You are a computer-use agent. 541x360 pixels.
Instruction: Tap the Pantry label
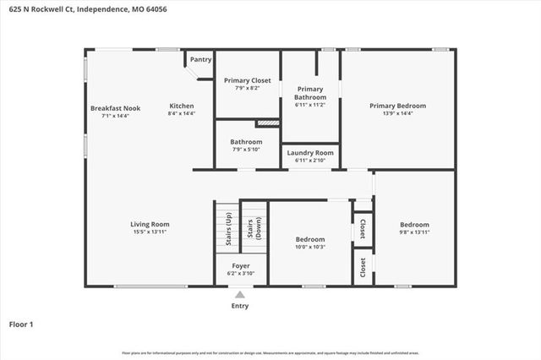click(x=200, y=59)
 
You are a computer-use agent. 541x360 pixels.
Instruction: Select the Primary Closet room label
click(x=247, y=80)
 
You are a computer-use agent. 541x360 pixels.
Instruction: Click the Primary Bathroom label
click(x=309, y=92)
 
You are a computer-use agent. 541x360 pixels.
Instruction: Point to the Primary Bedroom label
click(x=397, y=106)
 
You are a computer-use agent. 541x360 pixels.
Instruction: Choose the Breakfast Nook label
click(x=115, y=108)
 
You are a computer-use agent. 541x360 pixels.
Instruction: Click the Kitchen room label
click(x=181, y=106)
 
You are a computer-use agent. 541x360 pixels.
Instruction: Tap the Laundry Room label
click(x=310, y=153)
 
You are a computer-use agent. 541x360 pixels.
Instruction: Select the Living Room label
click(x=150, y=224)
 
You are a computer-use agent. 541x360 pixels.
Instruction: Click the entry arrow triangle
click(x=240, y=295)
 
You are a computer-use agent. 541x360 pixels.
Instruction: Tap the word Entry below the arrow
click(x=240, y=306)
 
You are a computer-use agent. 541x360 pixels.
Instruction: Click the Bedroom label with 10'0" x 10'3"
click(x=309, y=239)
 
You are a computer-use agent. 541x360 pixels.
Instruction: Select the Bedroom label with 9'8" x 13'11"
click(x=414, y=224)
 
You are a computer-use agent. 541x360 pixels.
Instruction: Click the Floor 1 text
click(x=21, y=324)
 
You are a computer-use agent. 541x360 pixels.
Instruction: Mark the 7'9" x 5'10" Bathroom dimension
click(x=246, y=150)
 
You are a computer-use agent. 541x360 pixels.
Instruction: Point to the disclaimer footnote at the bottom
click(x=270, y=352)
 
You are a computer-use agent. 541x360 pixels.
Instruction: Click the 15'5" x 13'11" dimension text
click(x=150, y=232)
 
